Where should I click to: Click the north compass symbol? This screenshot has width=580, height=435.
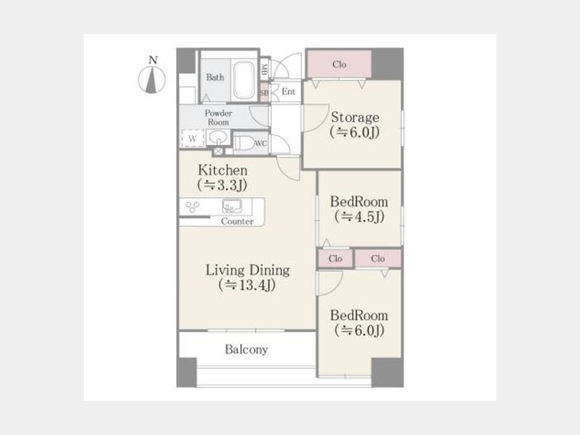coord(152,79)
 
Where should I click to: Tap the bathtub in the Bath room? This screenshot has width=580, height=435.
coord(244,80)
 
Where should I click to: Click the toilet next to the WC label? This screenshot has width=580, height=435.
coord(243,143)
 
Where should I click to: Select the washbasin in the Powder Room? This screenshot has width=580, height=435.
coord(219,137)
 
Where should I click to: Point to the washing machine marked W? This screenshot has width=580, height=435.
coord(192,138)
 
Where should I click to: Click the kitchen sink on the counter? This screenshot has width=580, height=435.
coord(230,206)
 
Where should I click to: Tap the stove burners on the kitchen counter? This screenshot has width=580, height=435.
coord(192,207)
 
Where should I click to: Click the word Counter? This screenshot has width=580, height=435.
coord(237,222)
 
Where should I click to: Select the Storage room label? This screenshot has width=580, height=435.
coord(354,118)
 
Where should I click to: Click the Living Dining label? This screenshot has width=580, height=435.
coord(247,270)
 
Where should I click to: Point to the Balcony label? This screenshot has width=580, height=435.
coord(246,350)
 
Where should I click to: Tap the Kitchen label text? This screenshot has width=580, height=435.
coord(222,171)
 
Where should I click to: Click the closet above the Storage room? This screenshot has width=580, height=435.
coord(339,64)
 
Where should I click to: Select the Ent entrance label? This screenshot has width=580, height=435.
coord(288,92)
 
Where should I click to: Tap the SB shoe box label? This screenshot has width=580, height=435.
coord(264,92)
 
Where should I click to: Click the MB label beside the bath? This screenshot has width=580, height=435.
coord(264,67)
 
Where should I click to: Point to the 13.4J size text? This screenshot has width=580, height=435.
coord(247,285)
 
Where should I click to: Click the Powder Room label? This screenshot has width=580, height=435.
coord(218,117)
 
